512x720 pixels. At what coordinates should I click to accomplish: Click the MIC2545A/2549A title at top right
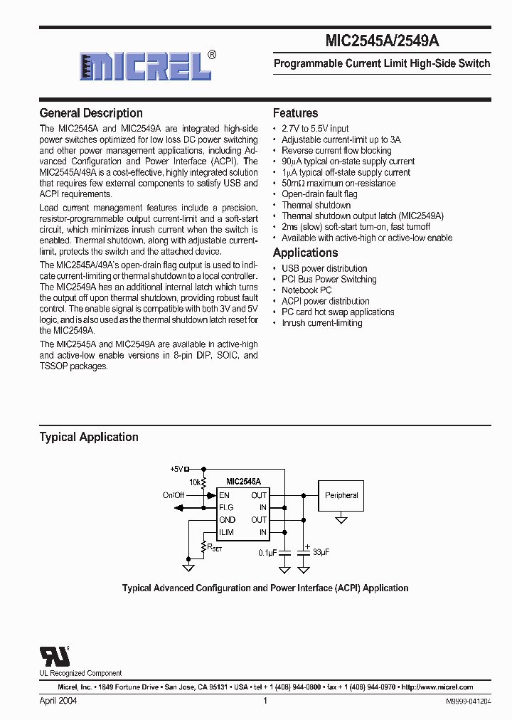coord(382,41)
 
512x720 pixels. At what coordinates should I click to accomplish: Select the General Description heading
coord(91,113)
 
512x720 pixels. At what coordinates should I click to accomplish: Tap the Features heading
coord(295,113)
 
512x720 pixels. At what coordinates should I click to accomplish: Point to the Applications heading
coord(305,253)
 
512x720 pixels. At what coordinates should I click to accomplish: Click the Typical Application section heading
coord(89,437)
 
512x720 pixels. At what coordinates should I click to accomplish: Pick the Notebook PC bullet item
coord(306,290)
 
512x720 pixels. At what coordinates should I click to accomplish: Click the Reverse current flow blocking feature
coord(336,151)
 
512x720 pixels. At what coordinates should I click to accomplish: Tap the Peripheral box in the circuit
coord(341,495)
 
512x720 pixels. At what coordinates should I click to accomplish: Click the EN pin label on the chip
coord(224,495)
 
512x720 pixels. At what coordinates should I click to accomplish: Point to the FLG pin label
coord(226,507)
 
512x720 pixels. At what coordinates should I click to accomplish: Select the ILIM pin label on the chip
coord(227,532)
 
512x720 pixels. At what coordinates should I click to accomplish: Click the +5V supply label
coord(176,469)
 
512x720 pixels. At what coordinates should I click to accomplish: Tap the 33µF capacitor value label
coord(320,552)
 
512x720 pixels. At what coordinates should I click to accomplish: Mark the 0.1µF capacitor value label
coord(268,552)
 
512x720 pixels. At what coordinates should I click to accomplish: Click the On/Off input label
coord(173,495)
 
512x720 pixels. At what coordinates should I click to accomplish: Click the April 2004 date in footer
coord(58,701)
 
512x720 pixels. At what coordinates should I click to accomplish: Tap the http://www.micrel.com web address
coord(437,687)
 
